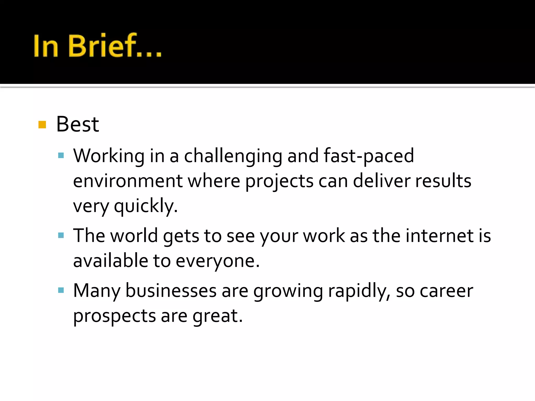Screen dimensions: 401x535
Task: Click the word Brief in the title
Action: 102,46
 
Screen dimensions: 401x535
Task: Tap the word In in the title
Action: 46,46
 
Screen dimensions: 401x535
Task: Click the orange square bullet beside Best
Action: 42,125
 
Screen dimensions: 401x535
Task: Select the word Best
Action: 78,125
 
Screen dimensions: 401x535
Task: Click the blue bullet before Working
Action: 61,156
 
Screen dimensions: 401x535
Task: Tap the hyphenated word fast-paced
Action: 369,156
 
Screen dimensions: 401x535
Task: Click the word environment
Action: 128,181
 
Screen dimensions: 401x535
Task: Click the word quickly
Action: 146,206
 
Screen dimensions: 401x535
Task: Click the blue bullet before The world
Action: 61,236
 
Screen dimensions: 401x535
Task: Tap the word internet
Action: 440,236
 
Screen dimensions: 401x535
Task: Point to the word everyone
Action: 218,261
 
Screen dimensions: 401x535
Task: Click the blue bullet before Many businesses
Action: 61,291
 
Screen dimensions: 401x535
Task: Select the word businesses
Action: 171,291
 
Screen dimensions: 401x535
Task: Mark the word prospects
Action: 114,316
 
